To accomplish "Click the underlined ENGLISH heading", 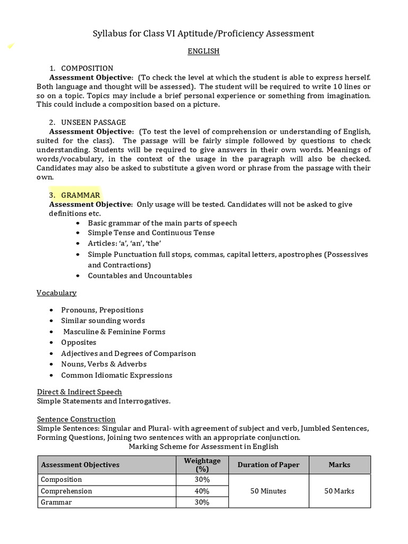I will click(203, 52).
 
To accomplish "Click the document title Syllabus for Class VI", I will click(203, 33).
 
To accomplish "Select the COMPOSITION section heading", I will click(87, 68).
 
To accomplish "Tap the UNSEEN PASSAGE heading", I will click(93, 122).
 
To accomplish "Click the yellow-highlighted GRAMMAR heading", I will click(80, 195).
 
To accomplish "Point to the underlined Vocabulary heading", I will click(56, 293).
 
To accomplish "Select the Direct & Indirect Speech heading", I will click(79, 392).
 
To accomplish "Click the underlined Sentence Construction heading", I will click(76, 419).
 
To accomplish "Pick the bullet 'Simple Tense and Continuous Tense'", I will click(151, 233).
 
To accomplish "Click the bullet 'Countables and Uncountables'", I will click(140, 276).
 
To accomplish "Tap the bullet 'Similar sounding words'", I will click(103, 320).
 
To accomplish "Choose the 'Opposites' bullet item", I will click(79, 342).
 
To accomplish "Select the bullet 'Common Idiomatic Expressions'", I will click(116, 375).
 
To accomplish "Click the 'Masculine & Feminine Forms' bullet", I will click(114, 331).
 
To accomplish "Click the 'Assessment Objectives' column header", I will click(80, 465).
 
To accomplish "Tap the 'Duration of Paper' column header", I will click(268, 465).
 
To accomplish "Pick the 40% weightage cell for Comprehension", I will click(202, 491).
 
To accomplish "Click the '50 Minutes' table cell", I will click(268, 491).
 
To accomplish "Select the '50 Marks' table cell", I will click(339, 491).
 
